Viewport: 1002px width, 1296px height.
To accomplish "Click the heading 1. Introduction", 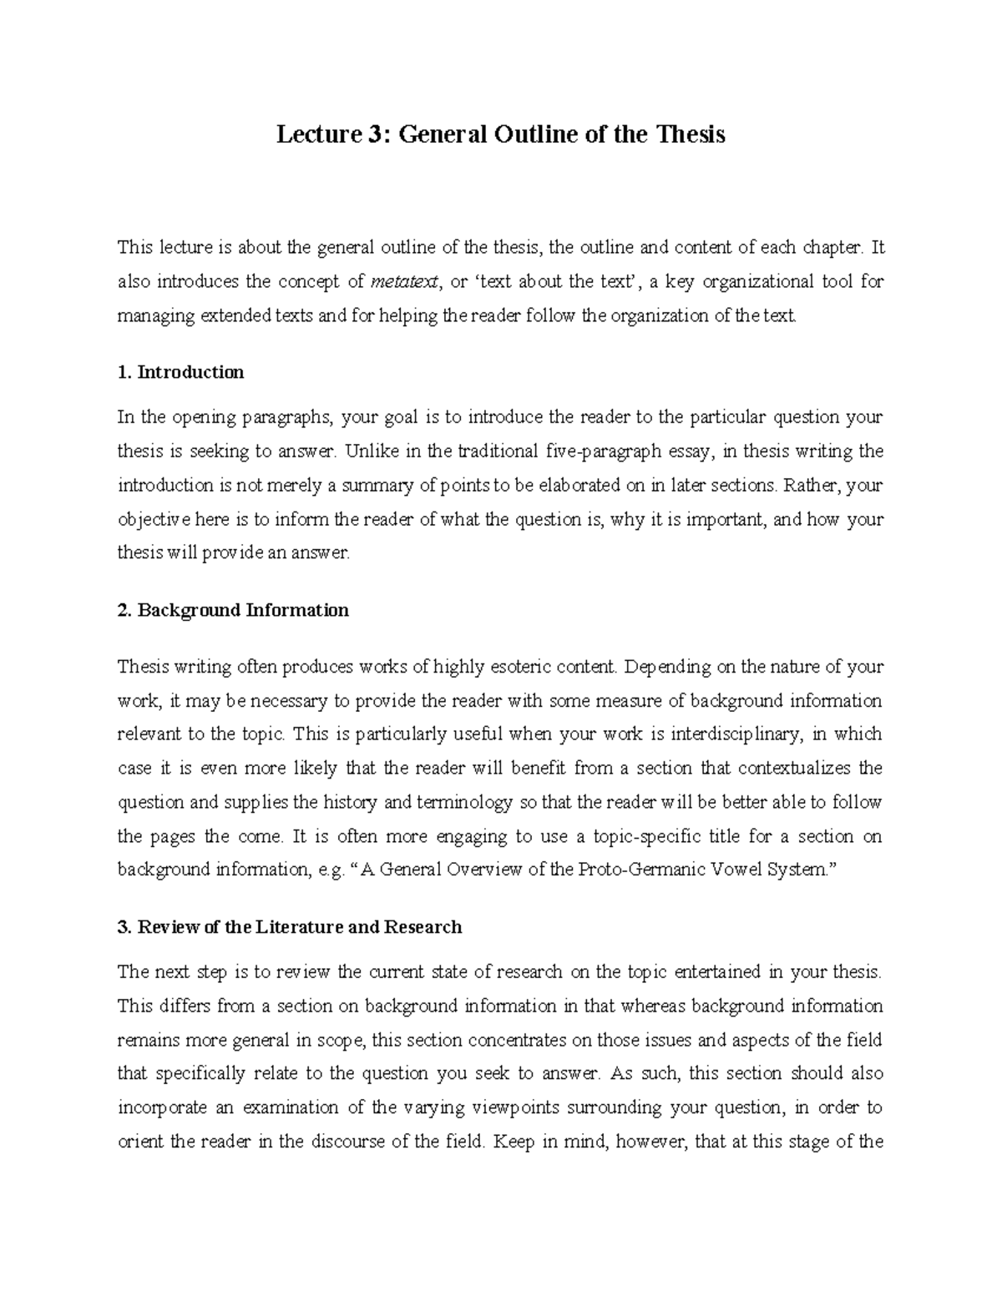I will coord(181,372).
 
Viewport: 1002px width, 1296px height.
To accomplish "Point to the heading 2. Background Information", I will coord(233,610).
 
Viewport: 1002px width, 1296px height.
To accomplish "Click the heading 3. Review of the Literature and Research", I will coord(290,927).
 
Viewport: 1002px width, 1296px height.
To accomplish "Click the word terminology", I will coord(464,803).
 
